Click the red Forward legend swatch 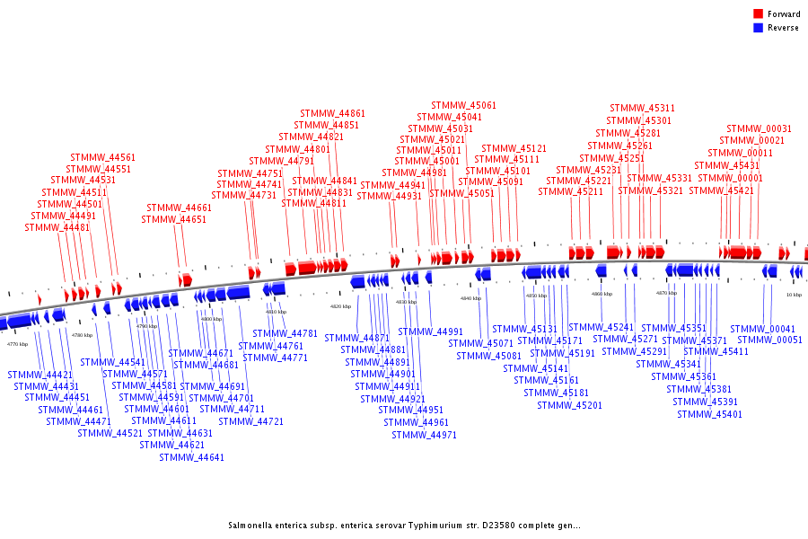759,14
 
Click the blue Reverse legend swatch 759,28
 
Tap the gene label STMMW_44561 103,158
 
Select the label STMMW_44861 333,114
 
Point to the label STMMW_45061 463,106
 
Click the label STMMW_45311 642,109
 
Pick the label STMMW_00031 759,129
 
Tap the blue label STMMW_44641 191,457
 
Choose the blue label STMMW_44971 424,435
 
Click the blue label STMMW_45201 569,405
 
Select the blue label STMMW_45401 709,414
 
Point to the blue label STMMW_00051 769,340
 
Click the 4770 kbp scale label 17,344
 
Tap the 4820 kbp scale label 341,306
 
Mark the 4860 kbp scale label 602,294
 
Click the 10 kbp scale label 794,295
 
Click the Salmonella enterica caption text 404,526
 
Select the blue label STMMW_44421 40,375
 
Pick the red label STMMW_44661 179,208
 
